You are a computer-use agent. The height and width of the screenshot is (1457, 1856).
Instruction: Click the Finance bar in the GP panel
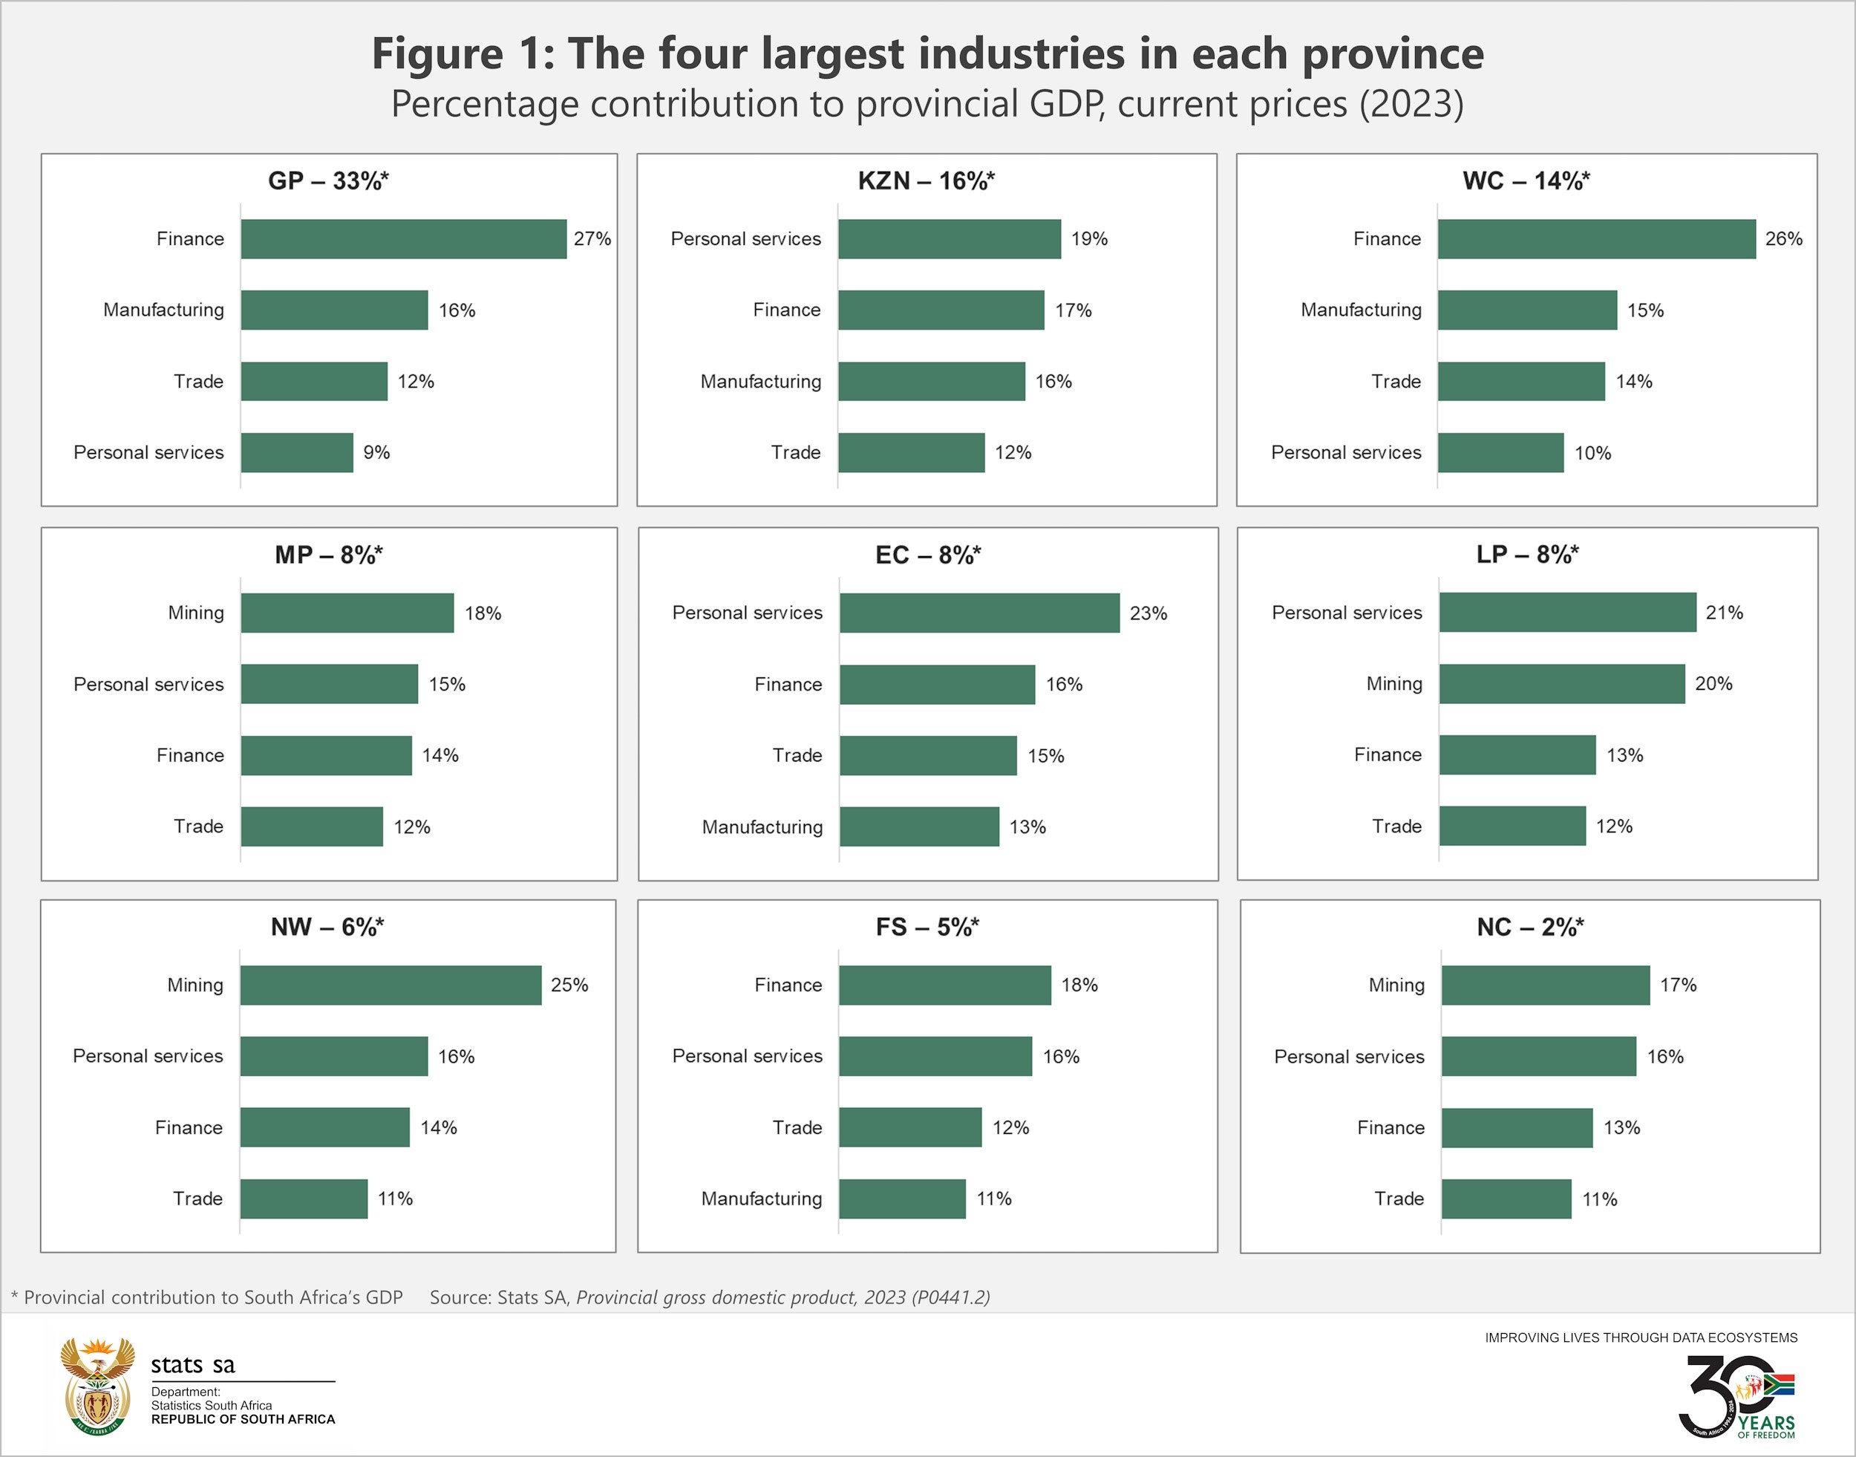[403, 239]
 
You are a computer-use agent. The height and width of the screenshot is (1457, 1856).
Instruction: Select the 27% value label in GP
[592, 239]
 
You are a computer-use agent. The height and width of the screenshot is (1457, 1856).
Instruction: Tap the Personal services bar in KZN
[950, 239]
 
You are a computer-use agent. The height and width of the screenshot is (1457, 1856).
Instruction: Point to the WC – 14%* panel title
[1526, 181]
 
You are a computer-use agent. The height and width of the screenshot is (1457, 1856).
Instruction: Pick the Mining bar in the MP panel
[347, 613]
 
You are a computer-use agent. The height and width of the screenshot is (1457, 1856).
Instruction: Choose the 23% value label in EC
[1148, 613]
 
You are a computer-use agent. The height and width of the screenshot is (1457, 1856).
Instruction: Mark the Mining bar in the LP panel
[1562, 683]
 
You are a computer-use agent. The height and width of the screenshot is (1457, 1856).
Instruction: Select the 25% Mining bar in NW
[391, 985]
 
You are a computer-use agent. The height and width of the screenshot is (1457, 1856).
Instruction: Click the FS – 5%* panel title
[927, 928]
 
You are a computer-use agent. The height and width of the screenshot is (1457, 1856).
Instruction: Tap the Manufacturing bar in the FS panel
[903, 1199]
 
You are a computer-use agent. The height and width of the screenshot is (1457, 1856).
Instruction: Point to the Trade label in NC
[1399, 1199]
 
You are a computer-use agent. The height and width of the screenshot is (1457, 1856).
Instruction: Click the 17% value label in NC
[1678, 985]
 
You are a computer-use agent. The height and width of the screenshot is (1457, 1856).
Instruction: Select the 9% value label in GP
[376, 452]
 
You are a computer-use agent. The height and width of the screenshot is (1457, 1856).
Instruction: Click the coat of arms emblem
[97, 1386]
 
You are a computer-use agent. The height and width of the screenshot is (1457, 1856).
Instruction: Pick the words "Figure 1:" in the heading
[463, 53]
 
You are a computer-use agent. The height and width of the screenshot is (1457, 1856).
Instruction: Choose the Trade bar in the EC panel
[928, 756]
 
